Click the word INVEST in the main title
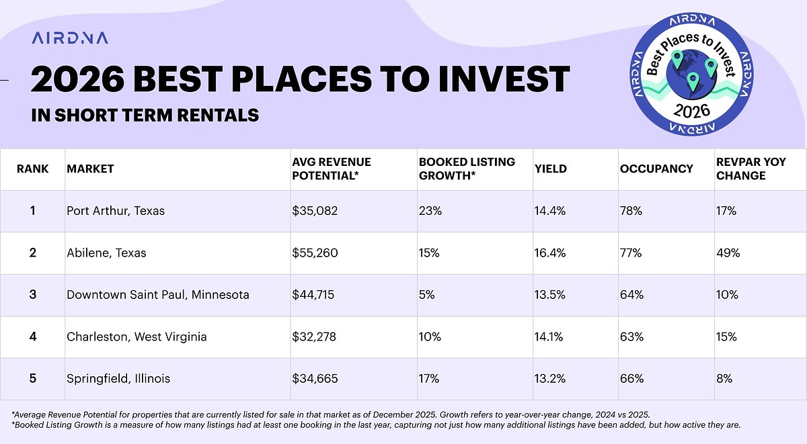pos(501,79)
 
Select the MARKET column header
pos(90,169)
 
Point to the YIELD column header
pos(551,169)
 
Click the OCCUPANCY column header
pos(656,169)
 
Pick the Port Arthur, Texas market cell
pos(116,211)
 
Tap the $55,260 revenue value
pos(315,253)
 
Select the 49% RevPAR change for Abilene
pos(728,253)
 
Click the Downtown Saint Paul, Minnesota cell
pos(158,295)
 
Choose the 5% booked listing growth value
pos(426,295)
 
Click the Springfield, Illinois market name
pos(118,379)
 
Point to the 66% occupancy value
pos(631,379)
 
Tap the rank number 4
pos(32,337)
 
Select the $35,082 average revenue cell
pos(315,211)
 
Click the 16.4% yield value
pos(549,253)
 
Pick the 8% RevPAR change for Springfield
pos(724,379)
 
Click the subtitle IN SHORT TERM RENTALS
pos(145,115)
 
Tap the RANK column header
pos(32,169)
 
